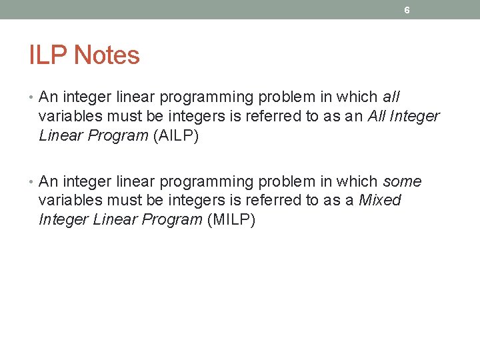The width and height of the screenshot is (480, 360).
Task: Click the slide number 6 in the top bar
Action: [x=407, y=11]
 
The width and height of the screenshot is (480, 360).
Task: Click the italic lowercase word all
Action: [x=391, y=97]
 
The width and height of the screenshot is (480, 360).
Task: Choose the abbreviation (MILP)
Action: [x=231, y=221]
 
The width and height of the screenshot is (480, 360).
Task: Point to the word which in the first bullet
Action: [x=357, y=97]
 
